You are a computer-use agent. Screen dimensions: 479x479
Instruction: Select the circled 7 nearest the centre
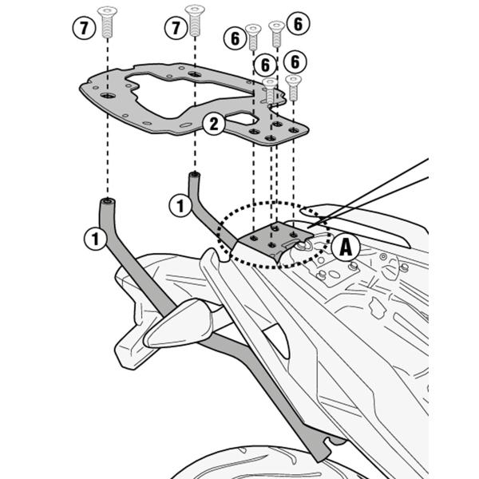pyautogui.click(x=175, y=29)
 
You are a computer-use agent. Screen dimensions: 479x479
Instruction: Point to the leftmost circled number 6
pyautogui.click(x=234, y=38)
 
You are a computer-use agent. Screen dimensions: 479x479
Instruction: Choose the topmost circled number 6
pyautogui.click(x=296, y=24)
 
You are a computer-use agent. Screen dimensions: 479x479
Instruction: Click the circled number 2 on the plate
pyautogui.click(x=212, y=124)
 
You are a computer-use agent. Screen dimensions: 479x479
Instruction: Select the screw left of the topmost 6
pyautogui.click(x=276, y=29)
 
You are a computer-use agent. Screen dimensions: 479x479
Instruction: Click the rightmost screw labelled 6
pyautogui.click(x=293, y=81)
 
